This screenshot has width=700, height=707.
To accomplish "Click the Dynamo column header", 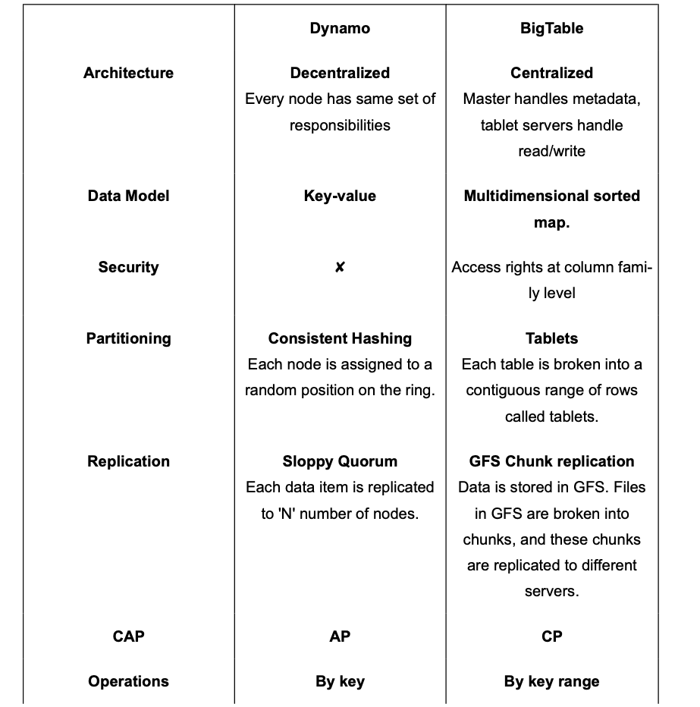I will click(340, 29).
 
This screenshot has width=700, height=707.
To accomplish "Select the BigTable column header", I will click(551, 29).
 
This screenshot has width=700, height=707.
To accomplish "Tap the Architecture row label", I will click(128, 73).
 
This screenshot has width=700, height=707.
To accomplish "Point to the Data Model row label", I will click(128, 196).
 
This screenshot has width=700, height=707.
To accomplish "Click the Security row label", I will click(128, 267).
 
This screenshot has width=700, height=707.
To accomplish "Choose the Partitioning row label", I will click(128, 338).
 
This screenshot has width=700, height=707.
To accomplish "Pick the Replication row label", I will click(128, 461).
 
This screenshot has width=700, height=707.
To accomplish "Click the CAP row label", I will click(128, 636).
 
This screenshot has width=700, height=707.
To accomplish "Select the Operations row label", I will click(128, 681).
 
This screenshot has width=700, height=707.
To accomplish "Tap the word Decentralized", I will click(340, 73).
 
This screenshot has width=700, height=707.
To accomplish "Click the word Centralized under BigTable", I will click(551, 73).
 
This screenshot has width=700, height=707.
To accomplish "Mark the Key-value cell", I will click(340, 196).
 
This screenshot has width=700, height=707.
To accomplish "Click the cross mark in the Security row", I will click(340, 267).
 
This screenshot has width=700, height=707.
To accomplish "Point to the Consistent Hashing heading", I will click(340, 338).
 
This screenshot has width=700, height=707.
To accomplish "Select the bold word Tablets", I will click(551, 338).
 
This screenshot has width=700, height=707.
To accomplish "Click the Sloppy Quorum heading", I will click(340, 461).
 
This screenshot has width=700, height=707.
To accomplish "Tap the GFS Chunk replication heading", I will click(551, 461).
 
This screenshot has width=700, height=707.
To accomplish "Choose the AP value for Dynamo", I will click(340, 636).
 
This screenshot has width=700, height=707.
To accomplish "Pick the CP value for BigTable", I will click(551, 636).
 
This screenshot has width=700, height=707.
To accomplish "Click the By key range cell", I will click(551, 681).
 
